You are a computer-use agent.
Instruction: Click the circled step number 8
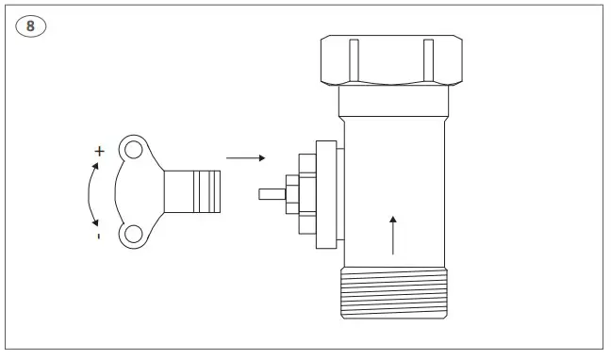29,25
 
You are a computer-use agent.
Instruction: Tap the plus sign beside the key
99,151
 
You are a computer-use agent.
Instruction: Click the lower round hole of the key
134,234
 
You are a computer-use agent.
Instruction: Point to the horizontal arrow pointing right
246,158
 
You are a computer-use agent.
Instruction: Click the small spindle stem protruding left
270,193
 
